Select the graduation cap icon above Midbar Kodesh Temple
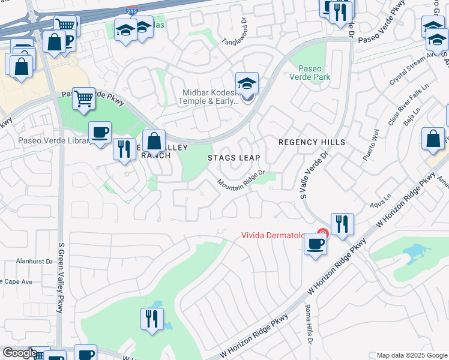pyautogui.click(x=247, y=84)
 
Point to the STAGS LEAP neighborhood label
pyautogui.click(x=234, y=158)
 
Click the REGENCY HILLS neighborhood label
pyautogui.click(x=312, y=142)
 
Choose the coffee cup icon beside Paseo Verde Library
pyautogui.click(x=100, y=132)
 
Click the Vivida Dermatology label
pyautogui.click(x=278, y=235)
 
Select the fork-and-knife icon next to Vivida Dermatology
pyautogui.click(x=342, y=224)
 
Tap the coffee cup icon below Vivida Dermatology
pyautogui.click(x=316, y=244)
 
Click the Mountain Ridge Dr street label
pyautogui.click(x=241, y=178)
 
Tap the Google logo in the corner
pyautogui.click(x=19, y=353)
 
